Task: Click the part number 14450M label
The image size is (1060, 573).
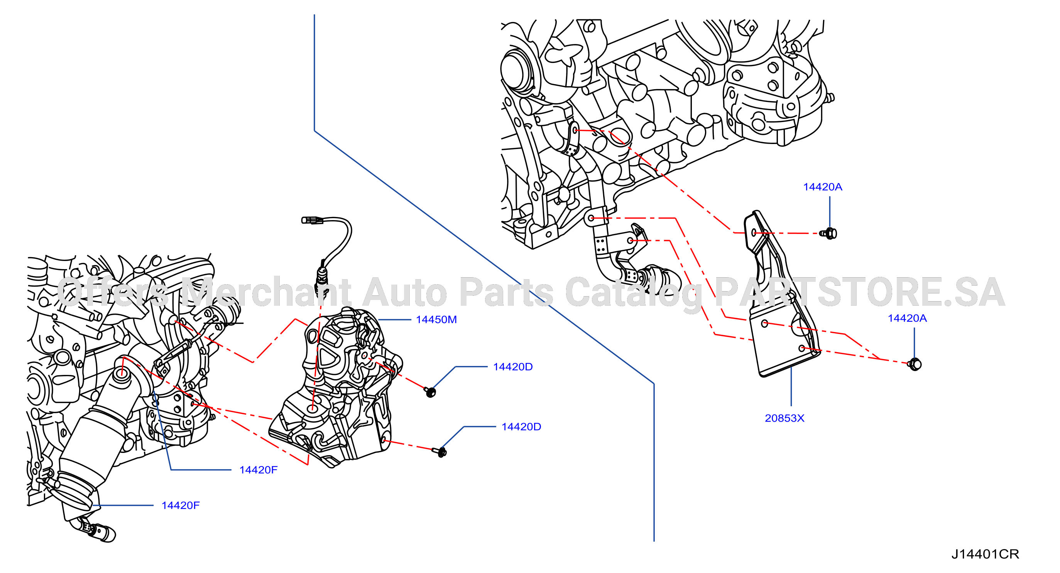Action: click(x=436, y=320)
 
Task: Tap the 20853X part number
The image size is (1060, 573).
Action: click(x=784, y=418)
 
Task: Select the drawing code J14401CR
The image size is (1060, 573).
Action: click(x=985, y=554)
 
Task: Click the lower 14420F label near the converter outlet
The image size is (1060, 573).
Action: click(x=181, y=505)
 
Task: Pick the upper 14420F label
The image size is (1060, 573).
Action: click(x=259, y=470)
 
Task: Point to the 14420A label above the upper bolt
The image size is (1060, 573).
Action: click(x=823, y=187)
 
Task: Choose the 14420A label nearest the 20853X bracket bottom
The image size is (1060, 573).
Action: click(x=907, y=318)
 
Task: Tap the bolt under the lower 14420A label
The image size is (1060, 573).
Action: click(x=915, y=364)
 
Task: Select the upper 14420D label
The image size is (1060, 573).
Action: click(x=513, y=367)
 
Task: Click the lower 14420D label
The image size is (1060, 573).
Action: click(x=521, y=427)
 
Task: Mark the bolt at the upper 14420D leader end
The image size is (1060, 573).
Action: click(x=430, y=392)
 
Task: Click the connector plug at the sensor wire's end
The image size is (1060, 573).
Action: click(x=312, y=220)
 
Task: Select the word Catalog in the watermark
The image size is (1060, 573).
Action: click(x=633, y=293)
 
